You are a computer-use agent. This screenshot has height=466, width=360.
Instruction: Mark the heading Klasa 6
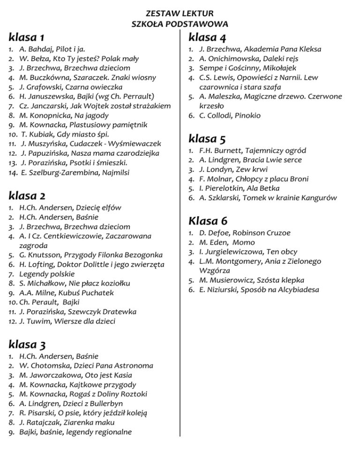[x=208, y=220]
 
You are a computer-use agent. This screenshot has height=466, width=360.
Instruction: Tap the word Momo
[x=246, y=242]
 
